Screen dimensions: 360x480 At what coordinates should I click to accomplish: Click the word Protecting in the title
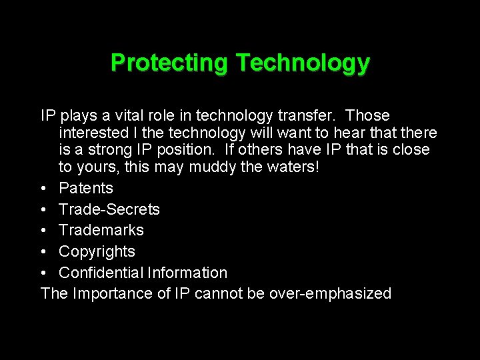[x=169, y=63]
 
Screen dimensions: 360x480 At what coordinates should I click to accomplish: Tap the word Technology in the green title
[x=302, y=63]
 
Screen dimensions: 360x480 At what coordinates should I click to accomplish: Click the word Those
[x=368, y=116]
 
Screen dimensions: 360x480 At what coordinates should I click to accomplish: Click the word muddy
[x=212, y=167]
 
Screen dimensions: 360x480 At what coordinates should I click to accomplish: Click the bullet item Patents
[x=85, y=188]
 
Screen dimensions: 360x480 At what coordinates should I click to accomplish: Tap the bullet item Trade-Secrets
[x=109, y=209]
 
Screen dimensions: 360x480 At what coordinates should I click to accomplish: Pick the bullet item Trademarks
[x=101, y=230]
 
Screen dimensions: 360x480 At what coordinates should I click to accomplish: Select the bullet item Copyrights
[x=97, y=251]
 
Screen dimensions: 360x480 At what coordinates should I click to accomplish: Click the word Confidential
[x=101, y=273]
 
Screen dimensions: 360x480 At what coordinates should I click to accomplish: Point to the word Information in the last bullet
[x=187, y=273]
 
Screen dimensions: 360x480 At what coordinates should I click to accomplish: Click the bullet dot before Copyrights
[x=44, y=252]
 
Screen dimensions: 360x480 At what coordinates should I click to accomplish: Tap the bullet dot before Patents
[x=44, y=189]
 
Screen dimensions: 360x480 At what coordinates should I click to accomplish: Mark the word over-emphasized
[x=330, y=293]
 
